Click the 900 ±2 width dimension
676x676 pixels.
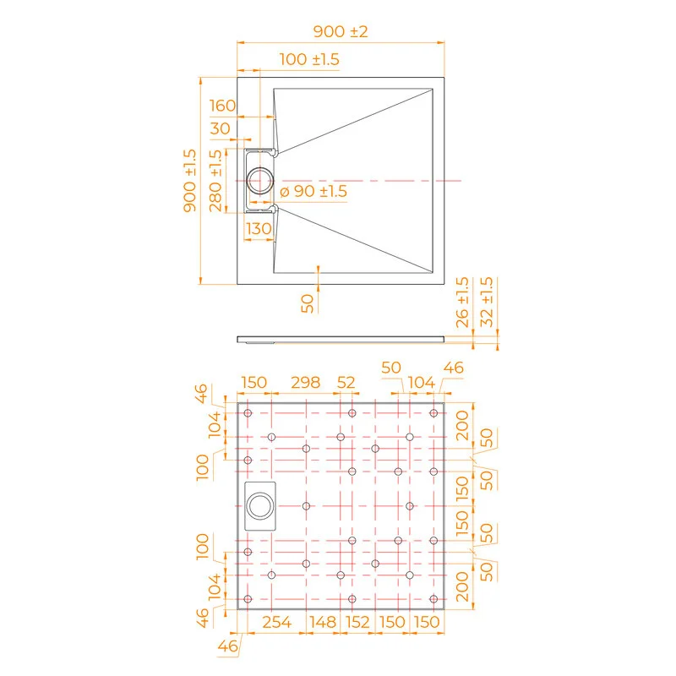[341, 32]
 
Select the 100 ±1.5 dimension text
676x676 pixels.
[309, 59]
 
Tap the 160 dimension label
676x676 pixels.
[222, 106]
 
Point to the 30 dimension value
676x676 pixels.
[221, 128]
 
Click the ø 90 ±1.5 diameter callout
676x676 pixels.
[313, 192]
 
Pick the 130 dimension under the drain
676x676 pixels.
[259, 229]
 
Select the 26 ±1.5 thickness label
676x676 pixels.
[462, 301]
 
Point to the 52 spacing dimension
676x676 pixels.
[346, 383]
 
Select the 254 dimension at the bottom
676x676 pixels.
[276, 623]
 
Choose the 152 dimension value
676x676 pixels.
[358, 623]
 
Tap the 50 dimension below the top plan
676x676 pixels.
[308, 302]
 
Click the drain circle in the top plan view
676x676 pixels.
[260, 179]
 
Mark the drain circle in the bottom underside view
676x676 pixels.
[259, 507]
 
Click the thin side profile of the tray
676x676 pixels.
[341, 339]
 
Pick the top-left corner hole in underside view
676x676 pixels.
[248, 413]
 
